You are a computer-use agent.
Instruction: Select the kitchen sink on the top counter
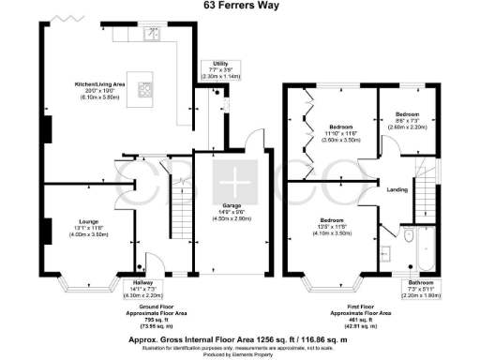click(150, 37)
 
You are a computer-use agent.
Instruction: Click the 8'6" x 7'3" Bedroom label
click(407, 123)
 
